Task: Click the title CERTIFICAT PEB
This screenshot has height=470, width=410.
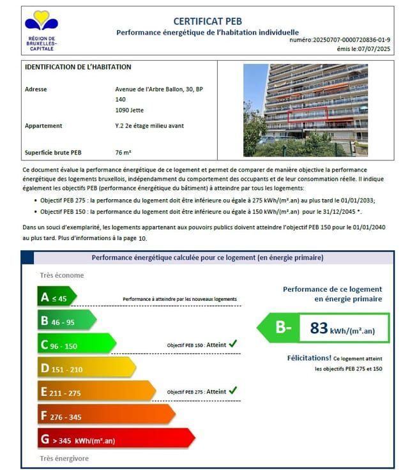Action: click(208, 22)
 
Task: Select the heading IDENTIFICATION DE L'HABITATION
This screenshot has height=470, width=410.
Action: click(78, 67)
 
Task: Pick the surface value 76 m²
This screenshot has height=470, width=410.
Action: click(123, 153)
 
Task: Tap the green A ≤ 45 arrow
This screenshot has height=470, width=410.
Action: click(56, 298)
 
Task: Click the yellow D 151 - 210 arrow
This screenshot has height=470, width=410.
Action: click(86, 368)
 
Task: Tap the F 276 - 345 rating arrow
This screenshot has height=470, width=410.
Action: click(105, 416)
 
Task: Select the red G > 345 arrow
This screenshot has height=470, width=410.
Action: click(115, 440)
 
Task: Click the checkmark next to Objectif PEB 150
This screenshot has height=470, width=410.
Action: click(233, 344)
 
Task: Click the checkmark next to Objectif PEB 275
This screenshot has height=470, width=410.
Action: click(233, 390)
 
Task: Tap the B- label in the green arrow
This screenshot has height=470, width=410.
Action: click(283, 328)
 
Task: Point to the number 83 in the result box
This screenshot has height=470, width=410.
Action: click(319, 328)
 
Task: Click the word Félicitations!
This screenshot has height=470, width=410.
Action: click(309, 358)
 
